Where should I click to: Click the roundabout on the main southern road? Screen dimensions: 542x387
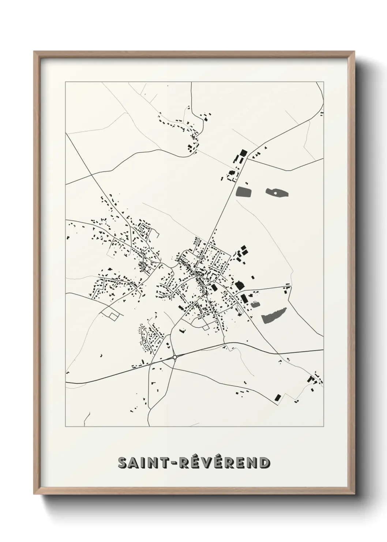tap(175, 357)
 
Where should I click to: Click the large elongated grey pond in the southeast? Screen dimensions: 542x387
tap(274, 315)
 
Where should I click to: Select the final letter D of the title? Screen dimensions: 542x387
tap(264, 463)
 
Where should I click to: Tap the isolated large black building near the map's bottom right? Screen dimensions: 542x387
tap(277, 397)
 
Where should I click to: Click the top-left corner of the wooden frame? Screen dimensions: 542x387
tap(34, 52)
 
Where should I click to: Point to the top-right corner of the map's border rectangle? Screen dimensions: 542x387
tap(323, 82)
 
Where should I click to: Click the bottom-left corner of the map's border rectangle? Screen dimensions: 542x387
tap(65, 427)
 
